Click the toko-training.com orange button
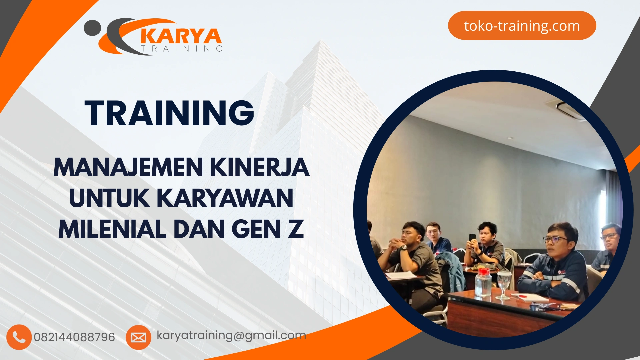click(522, 26)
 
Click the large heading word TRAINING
click(169, 113)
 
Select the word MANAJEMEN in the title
click(128, 167)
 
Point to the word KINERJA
click(260, 167)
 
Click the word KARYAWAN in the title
click(225, 198)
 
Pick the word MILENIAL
click(112, 230)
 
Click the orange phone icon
click(19, 337)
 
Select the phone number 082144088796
click(74, 337)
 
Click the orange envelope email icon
click(138, 337)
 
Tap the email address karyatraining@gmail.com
click(231, 335)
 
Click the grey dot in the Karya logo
click(92, 28)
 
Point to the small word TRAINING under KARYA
click(182, 49)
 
